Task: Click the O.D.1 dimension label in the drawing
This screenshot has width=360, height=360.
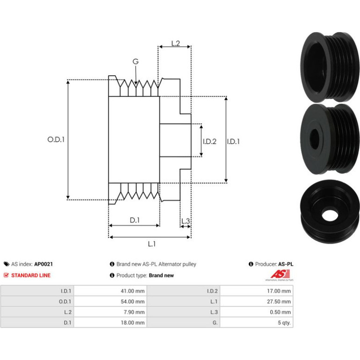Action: (56, 139)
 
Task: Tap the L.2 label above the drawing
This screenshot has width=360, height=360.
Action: (176, 43)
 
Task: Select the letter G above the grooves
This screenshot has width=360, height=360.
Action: (136, 61)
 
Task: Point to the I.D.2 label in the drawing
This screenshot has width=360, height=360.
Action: (209, 141)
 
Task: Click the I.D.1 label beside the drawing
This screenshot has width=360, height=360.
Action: (233, 141)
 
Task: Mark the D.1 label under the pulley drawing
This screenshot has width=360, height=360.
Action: (135, 220)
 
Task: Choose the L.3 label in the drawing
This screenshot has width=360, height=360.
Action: (186, 221)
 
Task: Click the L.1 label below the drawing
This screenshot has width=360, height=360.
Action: (151, 244)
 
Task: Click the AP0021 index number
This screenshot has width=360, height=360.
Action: (43, 264)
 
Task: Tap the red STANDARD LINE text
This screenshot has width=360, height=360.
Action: (31, 275)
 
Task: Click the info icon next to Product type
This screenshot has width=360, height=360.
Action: (112, 275)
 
